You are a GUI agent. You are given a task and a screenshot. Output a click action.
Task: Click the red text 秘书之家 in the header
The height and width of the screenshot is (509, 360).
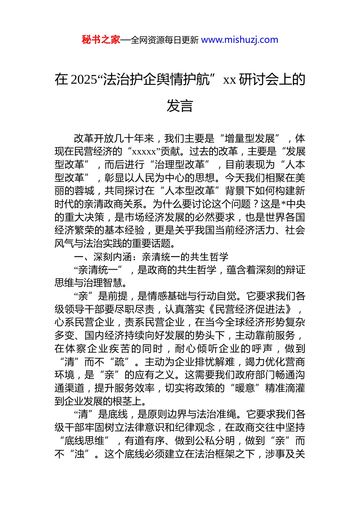[101, 40]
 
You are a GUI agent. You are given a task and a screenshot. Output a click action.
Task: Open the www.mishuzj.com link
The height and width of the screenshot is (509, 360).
[239, 40]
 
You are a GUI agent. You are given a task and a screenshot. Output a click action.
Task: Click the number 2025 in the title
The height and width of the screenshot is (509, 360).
[84, 80]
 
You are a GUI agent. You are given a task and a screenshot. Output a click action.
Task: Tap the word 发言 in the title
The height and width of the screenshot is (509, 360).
[180, 106]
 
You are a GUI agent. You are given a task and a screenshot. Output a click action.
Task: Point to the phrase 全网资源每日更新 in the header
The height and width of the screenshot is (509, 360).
[164, 40]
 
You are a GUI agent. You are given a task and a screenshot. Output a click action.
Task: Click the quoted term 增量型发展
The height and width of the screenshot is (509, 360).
[250, 139]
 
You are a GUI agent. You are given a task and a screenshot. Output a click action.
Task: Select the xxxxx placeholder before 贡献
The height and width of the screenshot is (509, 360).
[144, 152]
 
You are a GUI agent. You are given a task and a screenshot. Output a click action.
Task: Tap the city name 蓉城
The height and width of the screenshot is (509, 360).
[85, 191]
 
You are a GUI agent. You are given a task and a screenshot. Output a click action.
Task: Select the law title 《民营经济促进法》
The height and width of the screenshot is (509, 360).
[250, 309]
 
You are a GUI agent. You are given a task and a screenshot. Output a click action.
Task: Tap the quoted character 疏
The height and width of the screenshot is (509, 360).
[120, 362]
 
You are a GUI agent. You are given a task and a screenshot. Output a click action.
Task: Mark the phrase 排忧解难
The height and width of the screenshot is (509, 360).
[214, 362]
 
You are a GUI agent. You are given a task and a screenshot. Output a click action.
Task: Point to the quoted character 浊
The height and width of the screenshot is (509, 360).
[80, 454]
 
